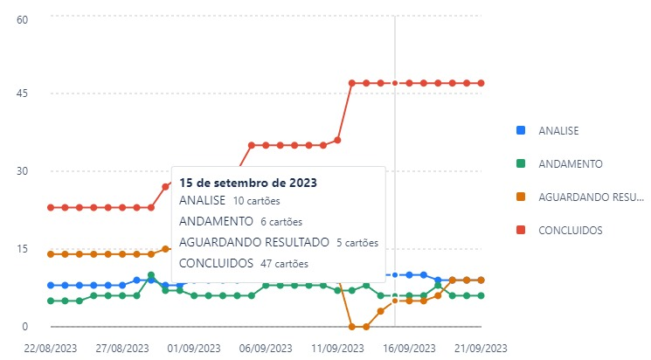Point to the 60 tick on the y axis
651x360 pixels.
tap(24, 18)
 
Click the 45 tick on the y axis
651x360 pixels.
tap(24, 93)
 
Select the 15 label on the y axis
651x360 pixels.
tap(24, 249)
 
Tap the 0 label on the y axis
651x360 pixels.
tap(25, 327)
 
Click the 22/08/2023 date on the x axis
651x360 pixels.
tap(51, 347)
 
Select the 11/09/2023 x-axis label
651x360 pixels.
tap(337, 347)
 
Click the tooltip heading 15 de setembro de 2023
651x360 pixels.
tap(247, 183)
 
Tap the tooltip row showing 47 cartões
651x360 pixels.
tap(243, 262)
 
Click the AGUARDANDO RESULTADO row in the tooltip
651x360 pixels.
tap(278, 242)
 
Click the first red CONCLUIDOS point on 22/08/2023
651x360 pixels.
tap(51, 207)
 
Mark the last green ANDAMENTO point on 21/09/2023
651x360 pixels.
tap(481, 295)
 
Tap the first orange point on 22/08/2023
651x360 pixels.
tap(51, 254)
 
